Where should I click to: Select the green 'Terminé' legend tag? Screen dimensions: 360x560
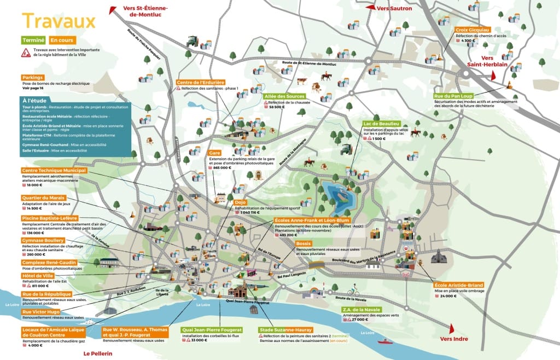pos(33,40)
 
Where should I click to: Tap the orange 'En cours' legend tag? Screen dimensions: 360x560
pos(62,40)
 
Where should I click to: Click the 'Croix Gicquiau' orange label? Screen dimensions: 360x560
pos(472,30)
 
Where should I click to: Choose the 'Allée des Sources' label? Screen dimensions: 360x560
pos(284,96)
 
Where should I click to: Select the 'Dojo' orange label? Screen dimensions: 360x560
pos(240,202)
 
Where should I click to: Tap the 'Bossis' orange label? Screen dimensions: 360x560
pos(303,243)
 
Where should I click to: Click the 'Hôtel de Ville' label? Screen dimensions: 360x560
pos(37,276)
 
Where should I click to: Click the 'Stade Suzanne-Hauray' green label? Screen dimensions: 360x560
pos(285,330)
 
